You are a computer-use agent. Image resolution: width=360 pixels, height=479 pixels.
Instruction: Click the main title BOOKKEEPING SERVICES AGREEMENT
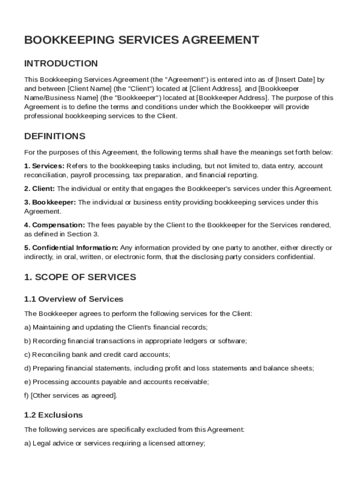click(141, 40)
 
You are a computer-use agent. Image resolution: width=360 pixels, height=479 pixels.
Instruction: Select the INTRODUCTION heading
click(61, 64)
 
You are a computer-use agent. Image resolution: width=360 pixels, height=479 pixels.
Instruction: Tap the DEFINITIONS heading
click(55, 137)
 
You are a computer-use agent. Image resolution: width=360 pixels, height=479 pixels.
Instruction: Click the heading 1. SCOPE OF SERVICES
click(80, 277)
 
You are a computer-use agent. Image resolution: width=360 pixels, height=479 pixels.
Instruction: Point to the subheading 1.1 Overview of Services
click(73, 299)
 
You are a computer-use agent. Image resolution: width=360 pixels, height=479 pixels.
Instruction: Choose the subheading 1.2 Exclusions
click(53, 415)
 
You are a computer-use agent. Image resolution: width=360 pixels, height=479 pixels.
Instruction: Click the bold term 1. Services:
click(44, 166)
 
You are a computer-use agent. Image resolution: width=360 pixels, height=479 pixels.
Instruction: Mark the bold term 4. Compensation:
click(55, 225)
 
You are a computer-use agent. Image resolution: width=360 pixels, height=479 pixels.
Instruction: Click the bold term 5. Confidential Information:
click(71, 247)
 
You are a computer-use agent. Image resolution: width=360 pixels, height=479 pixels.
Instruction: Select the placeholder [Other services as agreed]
click(74, 396)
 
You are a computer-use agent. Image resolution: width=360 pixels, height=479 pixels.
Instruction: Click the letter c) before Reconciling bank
click(27, 355)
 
